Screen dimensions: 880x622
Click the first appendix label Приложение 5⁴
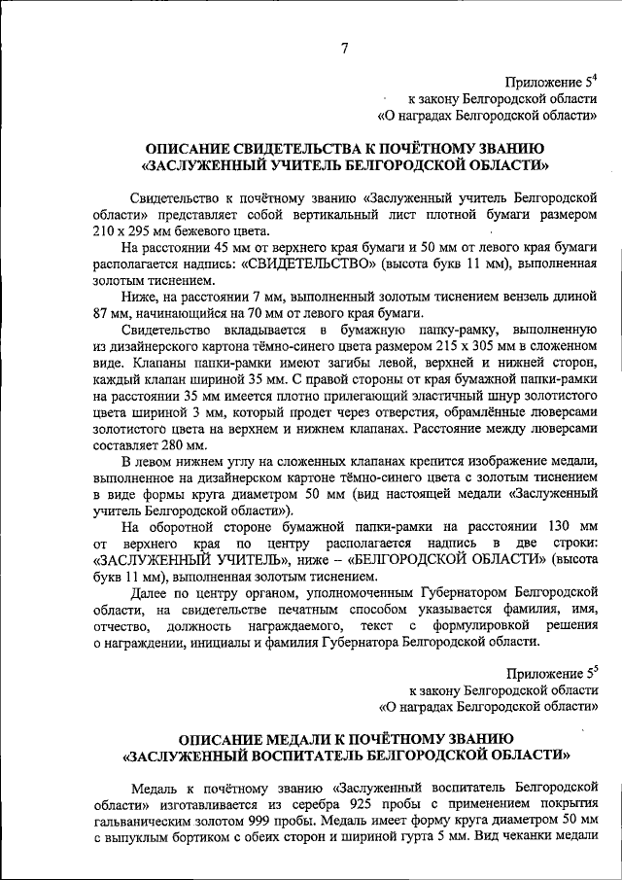click(x=551, y=82)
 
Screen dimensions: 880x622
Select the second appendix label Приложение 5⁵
click(x=551, y=673)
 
